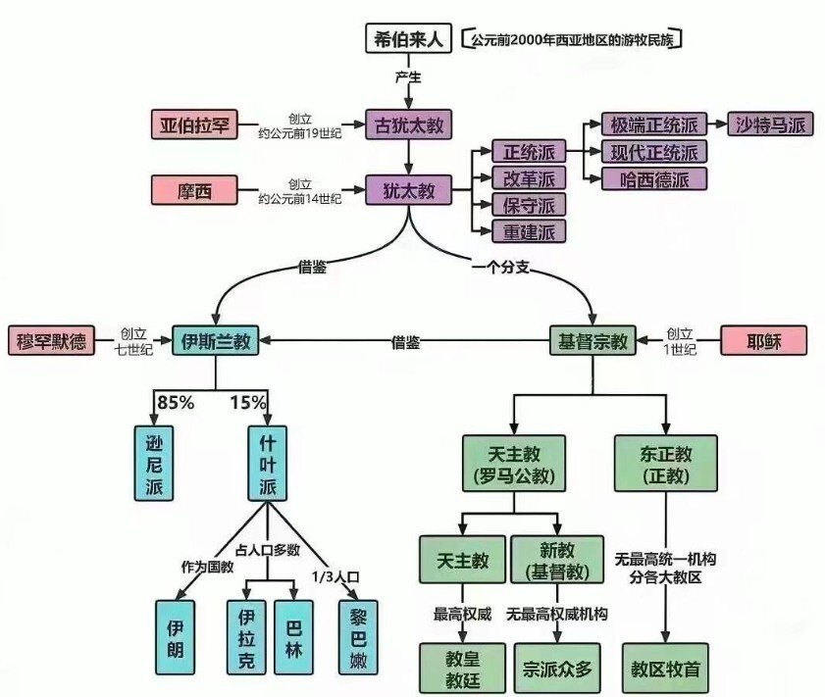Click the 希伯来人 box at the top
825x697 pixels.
point(408,40)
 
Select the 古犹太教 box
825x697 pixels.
point(408,124)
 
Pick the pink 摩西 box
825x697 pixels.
point(194,188)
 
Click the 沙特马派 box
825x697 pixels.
point(770,124)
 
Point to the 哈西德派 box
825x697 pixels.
point(655,178)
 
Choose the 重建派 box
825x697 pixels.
point(529,231)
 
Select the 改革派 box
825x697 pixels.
point(529,178)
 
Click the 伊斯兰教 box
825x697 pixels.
point(216,341)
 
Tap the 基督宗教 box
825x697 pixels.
point(593,341)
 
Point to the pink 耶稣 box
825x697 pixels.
point(763,341)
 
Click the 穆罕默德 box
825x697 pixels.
point(51,341)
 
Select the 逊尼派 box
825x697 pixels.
point(154,463)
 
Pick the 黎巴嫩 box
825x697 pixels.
point(358,635)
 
